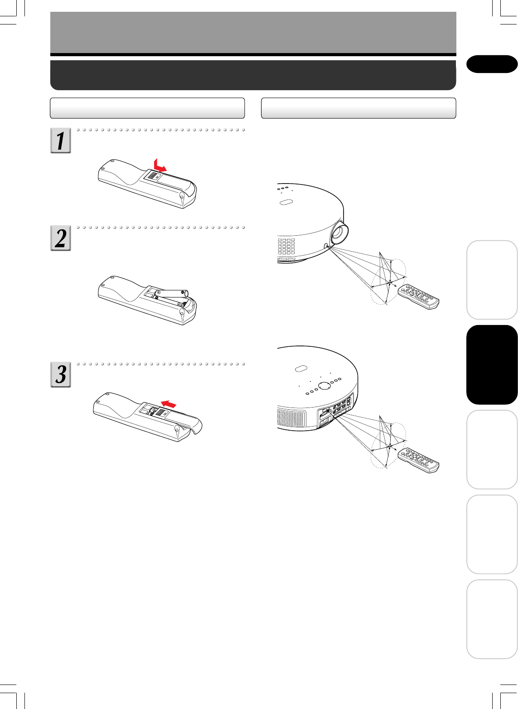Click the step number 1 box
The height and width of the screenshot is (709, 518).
pos(61,141)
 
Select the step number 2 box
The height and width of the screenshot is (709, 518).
pos(61,238)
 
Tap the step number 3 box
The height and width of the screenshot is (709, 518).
pos(61,374)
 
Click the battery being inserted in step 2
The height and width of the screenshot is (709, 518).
pos(172,294)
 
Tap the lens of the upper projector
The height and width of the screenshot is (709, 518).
pos(339,232)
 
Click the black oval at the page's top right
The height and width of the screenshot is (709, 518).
pos(492,64)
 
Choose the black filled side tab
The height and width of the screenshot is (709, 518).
pos(492,364)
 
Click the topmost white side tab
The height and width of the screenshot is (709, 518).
pos(492,280)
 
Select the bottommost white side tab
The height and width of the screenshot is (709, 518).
pos(492,619)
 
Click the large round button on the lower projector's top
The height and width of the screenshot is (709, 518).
pos(324,385)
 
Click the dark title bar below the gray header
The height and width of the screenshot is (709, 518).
pos(253,75)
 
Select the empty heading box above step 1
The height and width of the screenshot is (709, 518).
pos(147,108)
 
